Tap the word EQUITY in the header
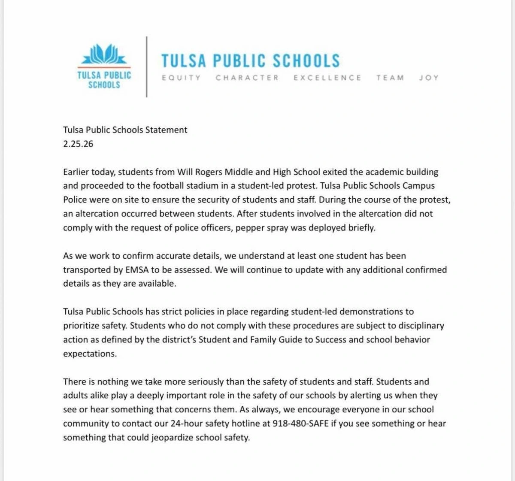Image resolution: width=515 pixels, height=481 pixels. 181,78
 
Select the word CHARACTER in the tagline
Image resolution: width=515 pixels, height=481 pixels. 247,78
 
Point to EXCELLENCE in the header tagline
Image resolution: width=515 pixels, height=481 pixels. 327,78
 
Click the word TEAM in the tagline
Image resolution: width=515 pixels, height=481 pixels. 390,78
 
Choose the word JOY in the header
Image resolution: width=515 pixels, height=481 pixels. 429,78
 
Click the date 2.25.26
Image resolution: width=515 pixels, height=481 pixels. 78,144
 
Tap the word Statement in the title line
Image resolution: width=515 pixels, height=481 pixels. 166,130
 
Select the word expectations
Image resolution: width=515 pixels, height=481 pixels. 89,354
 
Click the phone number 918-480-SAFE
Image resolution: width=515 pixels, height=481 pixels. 301,424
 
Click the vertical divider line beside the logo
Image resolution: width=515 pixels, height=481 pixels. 147,67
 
